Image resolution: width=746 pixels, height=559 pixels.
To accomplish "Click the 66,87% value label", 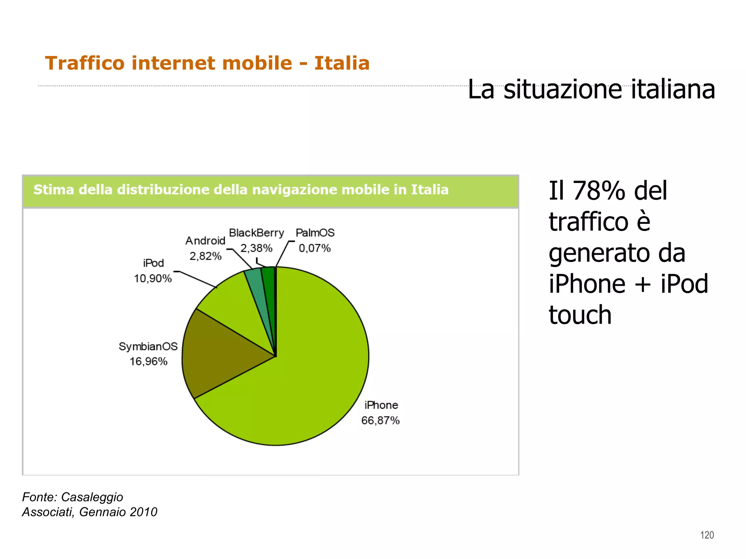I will pos(380,421).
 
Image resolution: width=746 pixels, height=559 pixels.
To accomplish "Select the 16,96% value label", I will pos(149,362).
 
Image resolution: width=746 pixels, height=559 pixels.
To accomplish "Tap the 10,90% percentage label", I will pos(153,279).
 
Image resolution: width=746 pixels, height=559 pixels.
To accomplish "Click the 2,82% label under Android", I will pos(205,256).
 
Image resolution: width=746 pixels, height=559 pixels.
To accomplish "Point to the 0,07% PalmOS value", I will pos(315,249).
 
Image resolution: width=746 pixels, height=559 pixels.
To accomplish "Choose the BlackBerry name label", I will pos(256,233).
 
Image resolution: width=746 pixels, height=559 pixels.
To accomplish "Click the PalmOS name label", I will pos(315,233).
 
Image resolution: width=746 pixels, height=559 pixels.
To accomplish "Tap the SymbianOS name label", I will pos(148,346).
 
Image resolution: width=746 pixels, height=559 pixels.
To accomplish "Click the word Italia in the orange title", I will pos(342,63).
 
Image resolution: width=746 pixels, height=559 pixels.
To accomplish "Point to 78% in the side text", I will pos(600,191).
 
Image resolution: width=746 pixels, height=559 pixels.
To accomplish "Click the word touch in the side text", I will pos(580,315).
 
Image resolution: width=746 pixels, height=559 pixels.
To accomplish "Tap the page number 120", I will pos(707,535).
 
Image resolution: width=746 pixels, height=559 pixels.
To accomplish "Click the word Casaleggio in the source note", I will pos(92,497).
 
